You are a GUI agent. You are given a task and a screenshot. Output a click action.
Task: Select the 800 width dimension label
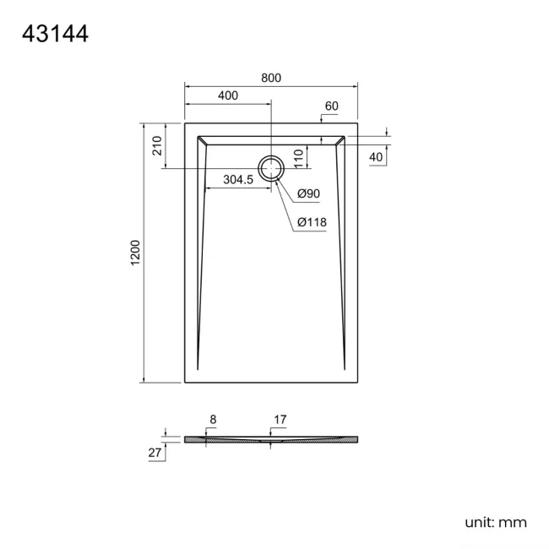click(x=270, y=78)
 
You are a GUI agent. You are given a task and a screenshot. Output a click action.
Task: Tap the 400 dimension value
click(x=227, y=95)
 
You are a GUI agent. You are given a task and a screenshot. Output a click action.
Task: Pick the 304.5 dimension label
click(x=238, y=179)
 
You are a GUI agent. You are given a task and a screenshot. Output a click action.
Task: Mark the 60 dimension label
click(x=331, y=106)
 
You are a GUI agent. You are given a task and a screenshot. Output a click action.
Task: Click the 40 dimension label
click(x=376, y=157)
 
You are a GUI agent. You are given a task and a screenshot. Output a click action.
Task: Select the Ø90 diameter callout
click(x=308, y=194)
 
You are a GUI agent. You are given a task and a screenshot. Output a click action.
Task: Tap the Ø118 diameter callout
click(x=312, y=222)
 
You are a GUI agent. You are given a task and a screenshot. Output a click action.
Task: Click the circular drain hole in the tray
click(x=271, y=168)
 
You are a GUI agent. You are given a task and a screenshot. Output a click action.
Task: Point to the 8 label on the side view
click(x=213, y=419)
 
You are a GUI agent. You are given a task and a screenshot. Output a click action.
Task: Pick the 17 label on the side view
click(x=280, y=419)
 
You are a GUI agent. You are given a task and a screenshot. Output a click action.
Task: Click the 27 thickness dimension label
click(x=155, y=453)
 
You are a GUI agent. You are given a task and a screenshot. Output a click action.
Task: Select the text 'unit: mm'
click(x=495, y=522)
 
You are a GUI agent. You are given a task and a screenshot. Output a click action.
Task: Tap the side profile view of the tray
click(x=270, y=439)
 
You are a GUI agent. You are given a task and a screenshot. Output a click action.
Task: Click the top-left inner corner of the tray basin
click(x=197, y=135)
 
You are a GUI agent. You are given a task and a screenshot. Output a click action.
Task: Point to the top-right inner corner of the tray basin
click(x=345, y=135)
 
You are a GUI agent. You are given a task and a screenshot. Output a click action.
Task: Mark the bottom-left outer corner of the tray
click(x=185, y=382)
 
